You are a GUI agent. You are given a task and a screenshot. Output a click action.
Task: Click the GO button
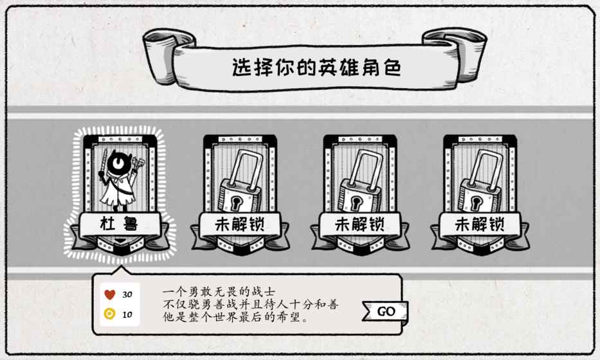point(385,311)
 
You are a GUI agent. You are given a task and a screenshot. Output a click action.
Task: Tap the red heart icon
point(110,294)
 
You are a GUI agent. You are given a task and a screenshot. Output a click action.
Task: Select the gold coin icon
point(110,314)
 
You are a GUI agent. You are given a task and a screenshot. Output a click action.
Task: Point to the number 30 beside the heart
point(127,294)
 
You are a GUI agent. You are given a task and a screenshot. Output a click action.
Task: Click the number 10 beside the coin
point(127,314)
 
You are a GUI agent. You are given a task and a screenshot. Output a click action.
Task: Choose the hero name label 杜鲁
point(120,224)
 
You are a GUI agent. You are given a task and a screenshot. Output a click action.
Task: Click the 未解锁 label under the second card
point(240,224)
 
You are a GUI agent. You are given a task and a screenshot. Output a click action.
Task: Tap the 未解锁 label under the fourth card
point(479,224)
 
